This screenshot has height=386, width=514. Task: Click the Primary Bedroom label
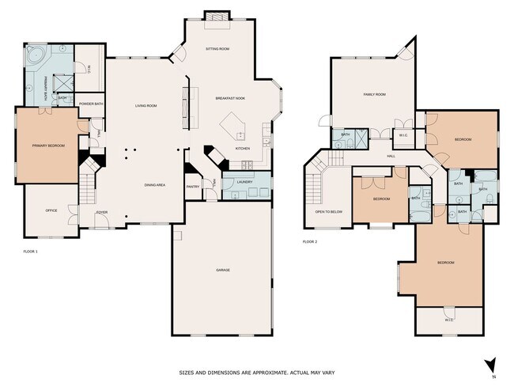[x=48, y=146]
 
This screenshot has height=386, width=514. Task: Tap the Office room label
[x=51, y=210]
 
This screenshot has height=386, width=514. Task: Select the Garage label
[x=223, y=271]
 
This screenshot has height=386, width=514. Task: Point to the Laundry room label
[x=244, y=182]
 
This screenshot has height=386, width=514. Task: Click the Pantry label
[x=192, y=187]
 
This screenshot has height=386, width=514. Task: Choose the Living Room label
[x=146, y=105]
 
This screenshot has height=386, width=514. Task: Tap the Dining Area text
[x=154, y=184]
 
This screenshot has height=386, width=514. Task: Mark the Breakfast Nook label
[x=229, y=98]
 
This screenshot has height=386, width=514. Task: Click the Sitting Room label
[x=217, y=48]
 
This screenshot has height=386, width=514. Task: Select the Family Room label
[x=374, y=94]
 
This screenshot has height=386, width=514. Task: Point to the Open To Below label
[x=328, y=212]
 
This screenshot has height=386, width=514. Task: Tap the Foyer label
[x=102, y=213]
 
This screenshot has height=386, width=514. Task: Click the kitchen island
[x=236, y=126]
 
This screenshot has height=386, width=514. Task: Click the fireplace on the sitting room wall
[x=215, y=17]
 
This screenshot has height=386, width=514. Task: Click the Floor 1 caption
[x=31, y=252]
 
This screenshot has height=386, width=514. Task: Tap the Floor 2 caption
[x=310, y=242]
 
